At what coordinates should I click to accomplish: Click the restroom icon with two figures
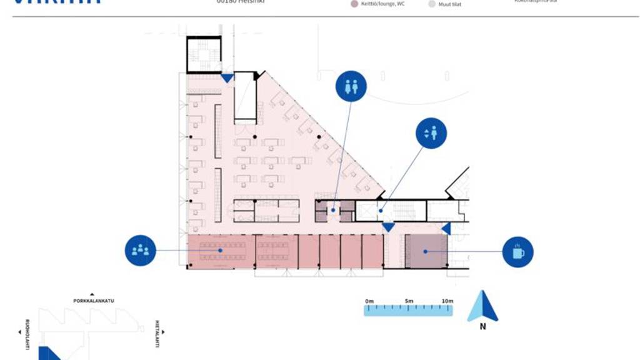pos(351,86)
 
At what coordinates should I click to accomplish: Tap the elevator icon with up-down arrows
pos(431,133)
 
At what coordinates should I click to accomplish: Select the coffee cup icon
pos(518,252)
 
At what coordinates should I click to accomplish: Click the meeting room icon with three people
pos(140,251)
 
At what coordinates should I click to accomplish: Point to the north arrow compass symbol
pos(482,306)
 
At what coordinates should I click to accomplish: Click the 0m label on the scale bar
pos(369,301)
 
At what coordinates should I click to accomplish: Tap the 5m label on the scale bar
pos(409,301)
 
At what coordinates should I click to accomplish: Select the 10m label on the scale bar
pos(447,301)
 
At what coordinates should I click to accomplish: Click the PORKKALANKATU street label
pos(94,301)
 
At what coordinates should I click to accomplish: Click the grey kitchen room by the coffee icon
pos(425,251)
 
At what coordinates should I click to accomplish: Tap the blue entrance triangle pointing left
pos(446,229)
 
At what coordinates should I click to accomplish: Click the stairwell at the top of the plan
pos(204,55)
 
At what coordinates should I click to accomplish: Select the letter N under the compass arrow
pos(482,326)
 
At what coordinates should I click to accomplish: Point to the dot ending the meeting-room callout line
pos(221,251)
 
